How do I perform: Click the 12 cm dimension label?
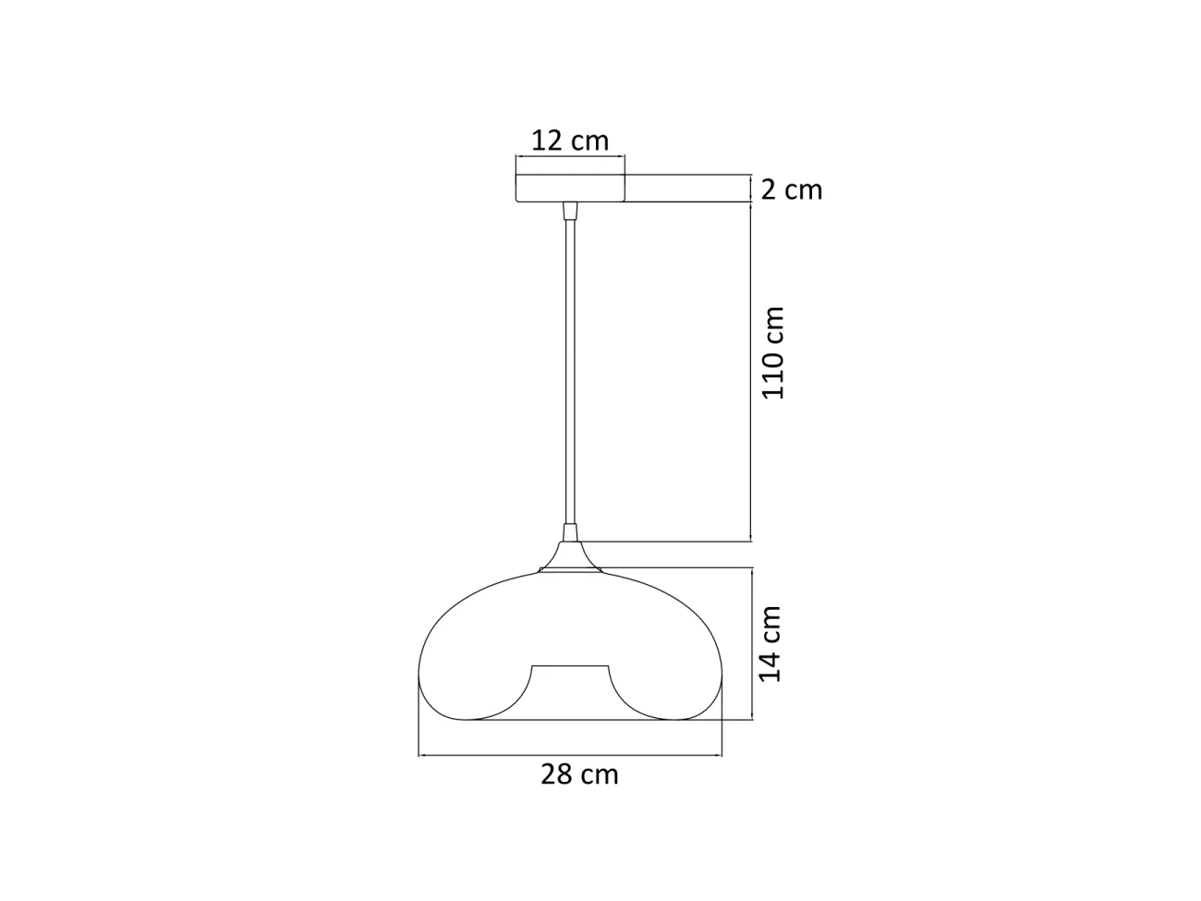(x=570, y=140)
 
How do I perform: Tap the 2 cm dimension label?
(x=791, y=189)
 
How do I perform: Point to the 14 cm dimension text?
(x=770, y=644)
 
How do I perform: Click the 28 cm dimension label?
(x=579, y=773)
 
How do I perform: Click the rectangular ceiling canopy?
(x=570, y=189)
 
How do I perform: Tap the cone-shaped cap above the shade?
(x=570, y=557)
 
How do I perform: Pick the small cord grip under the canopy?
(x=570, y=211)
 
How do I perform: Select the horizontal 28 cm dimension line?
(x=570, y=756)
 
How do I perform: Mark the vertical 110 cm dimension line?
(x=750, y=370)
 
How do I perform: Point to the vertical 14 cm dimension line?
(x=754, y=644)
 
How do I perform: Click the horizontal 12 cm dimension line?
(x=570, y=157)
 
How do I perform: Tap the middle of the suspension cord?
(x=570, y=370)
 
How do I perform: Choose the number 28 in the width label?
(x=558, y=773)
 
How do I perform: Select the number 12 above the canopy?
(x=548, y=140)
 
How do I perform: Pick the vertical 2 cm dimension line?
(x=750, y=189)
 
